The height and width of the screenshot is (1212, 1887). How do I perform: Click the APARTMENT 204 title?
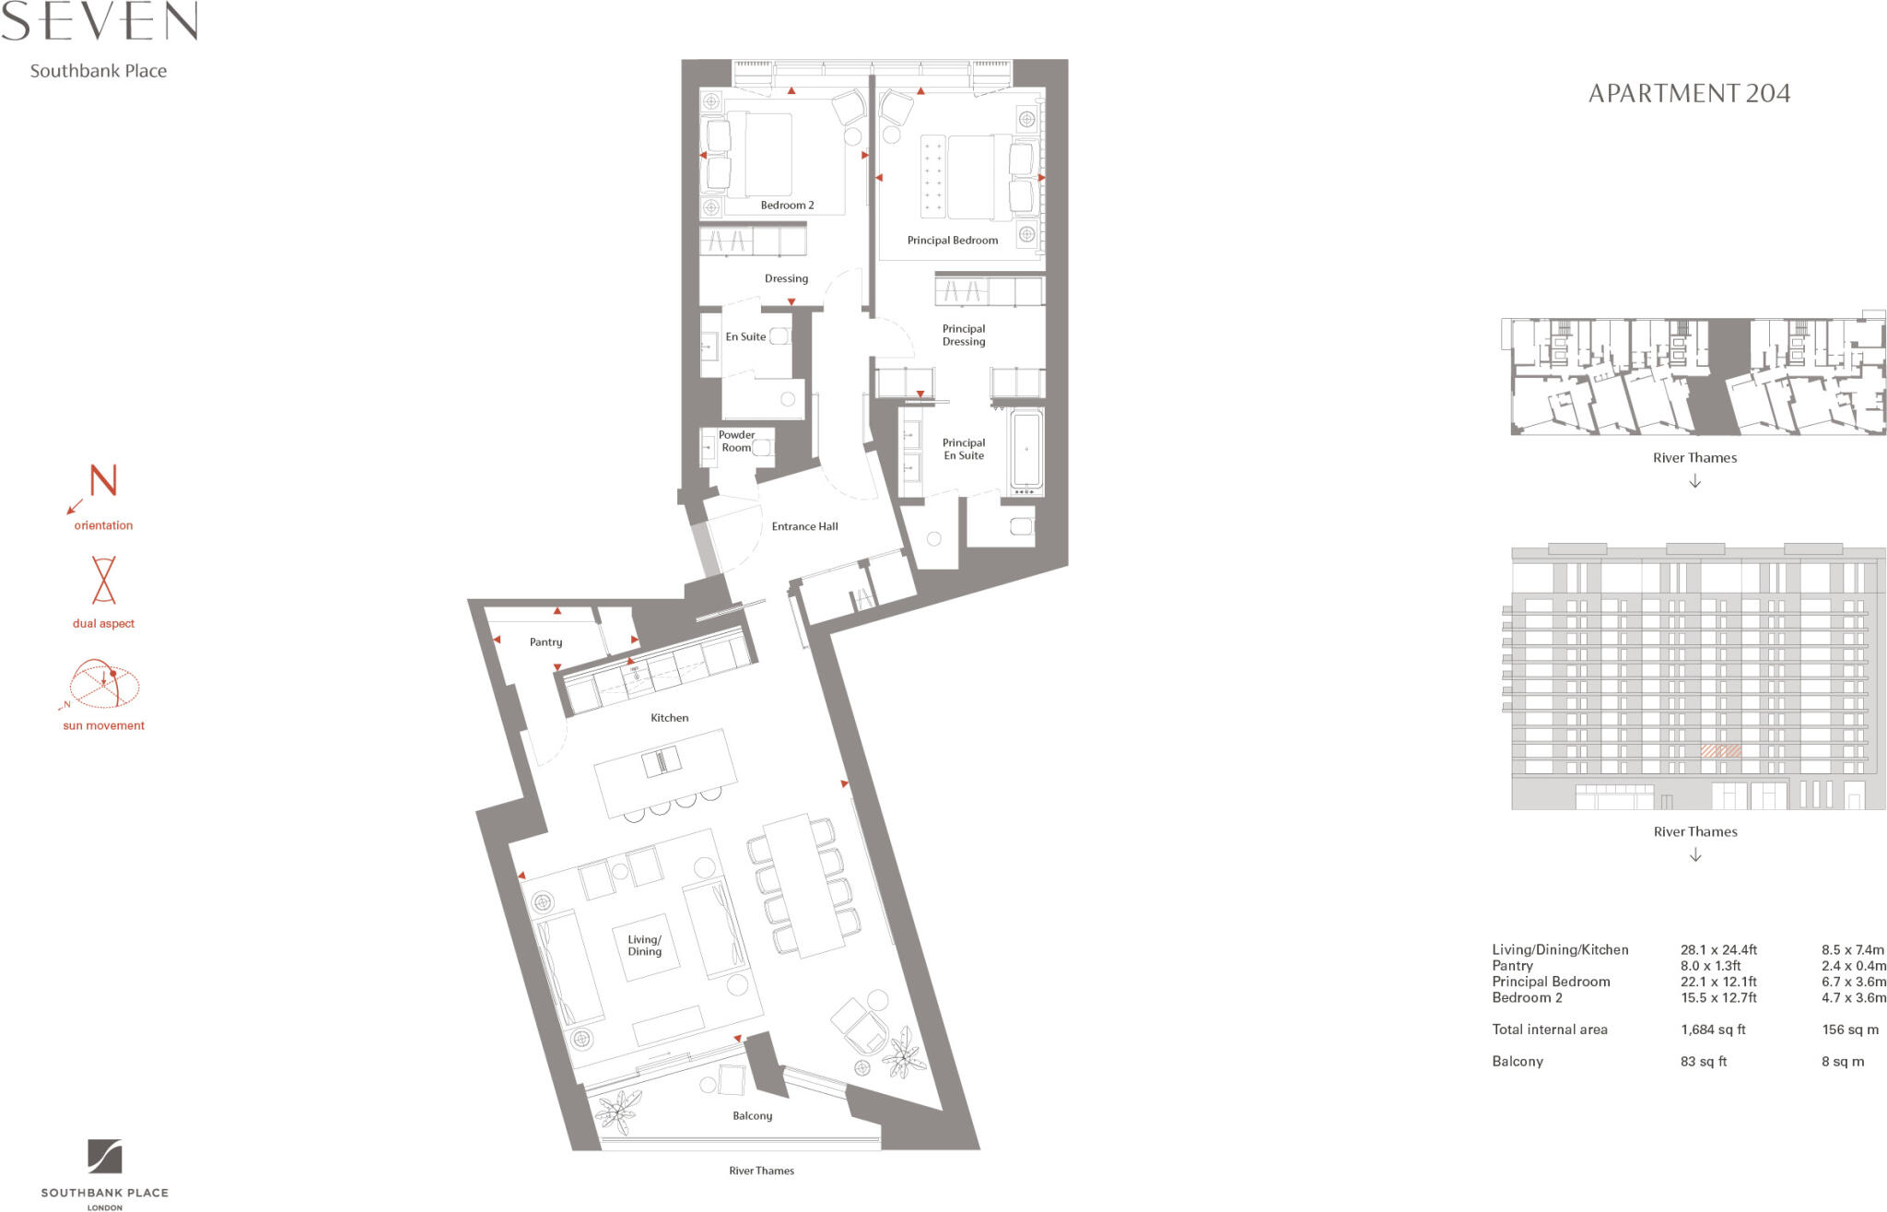pyautogui.click(x=1688, y=93)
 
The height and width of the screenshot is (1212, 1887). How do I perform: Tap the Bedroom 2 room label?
pyautogui.click(x=787, y=206)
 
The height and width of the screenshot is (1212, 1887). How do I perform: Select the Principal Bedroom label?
pyautogui.click(x=952, y=241)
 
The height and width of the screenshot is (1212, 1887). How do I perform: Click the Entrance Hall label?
pyautogui.click(x=804, y=526)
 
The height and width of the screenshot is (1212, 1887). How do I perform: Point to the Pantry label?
pyautogui.click(x=545, y=642)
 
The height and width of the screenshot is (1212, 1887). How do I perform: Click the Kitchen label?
pyautogui.click(x=669, y=718)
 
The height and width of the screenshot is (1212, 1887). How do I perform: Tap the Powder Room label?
pyautogui.click(x=736, y=441)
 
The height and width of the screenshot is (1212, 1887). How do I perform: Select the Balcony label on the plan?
pyautogui.click(x=752, y=1116)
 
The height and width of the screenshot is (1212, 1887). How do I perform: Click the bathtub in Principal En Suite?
pyautogui.click(x=1026, y=451)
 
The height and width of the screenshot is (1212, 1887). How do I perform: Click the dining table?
pyautogui.click(x=803, y=886)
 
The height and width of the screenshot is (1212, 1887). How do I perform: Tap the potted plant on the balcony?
pyautogui.click(x=617, y=1111)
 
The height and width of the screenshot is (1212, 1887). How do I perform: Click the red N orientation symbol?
pyautogui.click(x=102, y=481)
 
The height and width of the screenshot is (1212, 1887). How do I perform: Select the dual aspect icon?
pyautogui.click(x=103, y=580)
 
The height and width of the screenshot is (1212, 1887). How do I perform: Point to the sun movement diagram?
pyautogui.click(x=103, y=685)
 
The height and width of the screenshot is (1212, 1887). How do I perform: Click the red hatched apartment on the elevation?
pyautogui.click(x=1720, y=751)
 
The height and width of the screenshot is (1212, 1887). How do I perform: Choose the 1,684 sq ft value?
pyautogui.click(x=1713, y=1030)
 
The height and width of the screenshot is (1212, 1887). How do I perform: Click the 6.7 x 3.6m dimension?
pyautogui.click(x=1852, y=982)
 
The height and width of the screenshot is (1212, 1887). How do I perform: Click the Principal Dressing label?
pyautogui.click(x=963, y=335)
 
